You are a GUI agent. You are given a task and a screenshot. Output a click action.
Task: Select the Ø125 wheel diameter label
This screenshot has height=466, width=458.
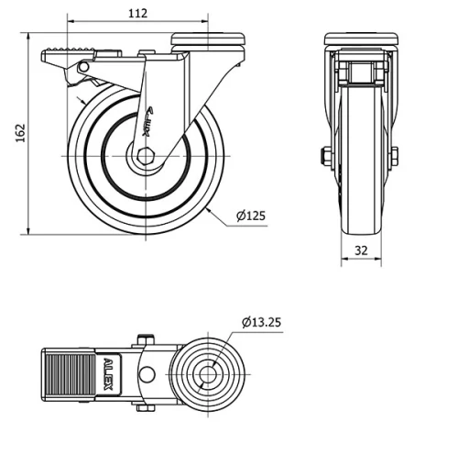pyautogui.click(x=250, y=216)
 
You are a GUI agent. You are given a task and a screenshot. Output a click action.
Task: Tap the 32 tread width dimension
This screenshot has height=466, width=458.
pyautogui.click(x=361, y=250)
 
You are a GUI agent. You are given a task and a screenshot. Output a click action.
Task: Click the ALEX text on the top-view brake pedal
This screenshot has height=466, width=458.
pyautogui.click(x=108, y=373)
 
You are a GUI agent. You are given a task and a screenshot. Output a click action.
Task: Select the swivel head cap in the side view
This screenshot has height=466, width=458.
pyautogui.click(x=210, y=38)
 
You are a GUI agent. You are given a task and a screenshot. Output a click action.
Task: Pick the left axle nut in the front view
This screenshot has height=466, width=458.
pyautogui.click(x=325, y=157)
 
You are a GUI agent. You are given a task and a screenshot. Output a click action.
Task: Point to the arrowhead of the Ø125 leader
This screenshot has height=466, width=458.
pyautogui.click(x=208, y=210)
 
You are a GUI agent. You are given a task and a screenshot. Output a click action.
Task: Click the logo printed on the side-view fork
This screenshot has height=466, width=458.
pyautogui.click(x=147, y=122)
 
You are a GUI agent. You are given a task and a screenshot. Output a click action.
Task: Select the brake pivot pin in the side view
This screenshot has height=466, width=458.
pyautogui.click(x=83, y=68)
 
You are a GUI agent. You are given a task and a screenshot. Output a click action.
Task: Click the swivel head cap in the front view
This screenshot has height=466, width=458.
pyautogui.click(x=361, y=39)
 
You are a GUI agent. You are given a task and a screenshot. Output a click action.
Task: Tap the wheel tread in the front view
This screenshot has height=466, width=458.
pyautogui.click(x=361, y=183)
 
